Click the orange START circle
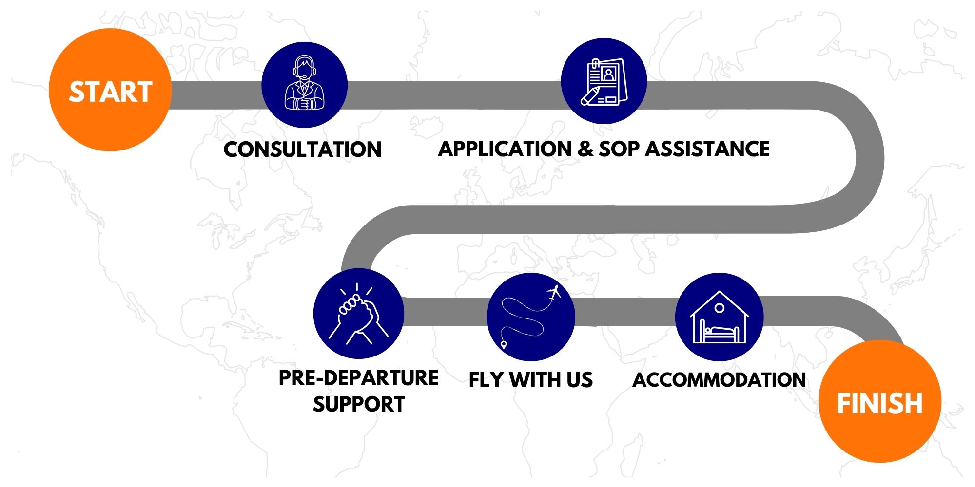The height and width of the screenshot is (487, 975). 110,90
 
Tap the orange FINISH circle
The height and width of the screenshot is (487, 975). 880,401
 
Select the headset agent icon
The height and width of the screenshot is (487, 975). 304,84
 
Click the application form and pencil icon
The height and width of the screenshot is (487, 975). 604,81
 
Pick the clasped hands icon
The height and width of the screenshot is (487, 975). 359,314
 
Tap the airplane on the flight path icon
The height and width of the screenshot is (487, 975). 554,293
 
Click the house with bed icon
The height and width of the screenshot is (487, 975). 719,317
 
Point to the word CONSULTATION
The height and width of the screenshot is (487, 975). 302,149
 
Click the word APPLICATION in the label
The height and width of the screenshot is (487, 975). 505,149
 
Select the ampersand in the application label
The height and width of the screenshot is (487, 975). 585,149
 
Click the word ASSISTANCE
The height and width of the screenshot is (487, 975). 707,149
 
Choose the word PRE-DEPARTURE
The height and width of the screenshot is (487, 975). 358,378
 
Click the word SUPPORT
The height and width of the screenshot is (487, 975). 359,404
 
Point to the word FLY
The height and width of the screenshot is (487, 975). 486,380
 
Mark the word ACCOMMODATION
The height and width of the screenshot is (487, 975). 719,380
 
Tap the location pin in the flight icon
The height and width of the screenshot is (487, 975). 504,345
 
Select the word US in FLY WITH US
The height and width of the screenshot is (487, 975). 579,380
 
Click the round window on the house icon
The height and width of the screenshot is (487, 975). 719,308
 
